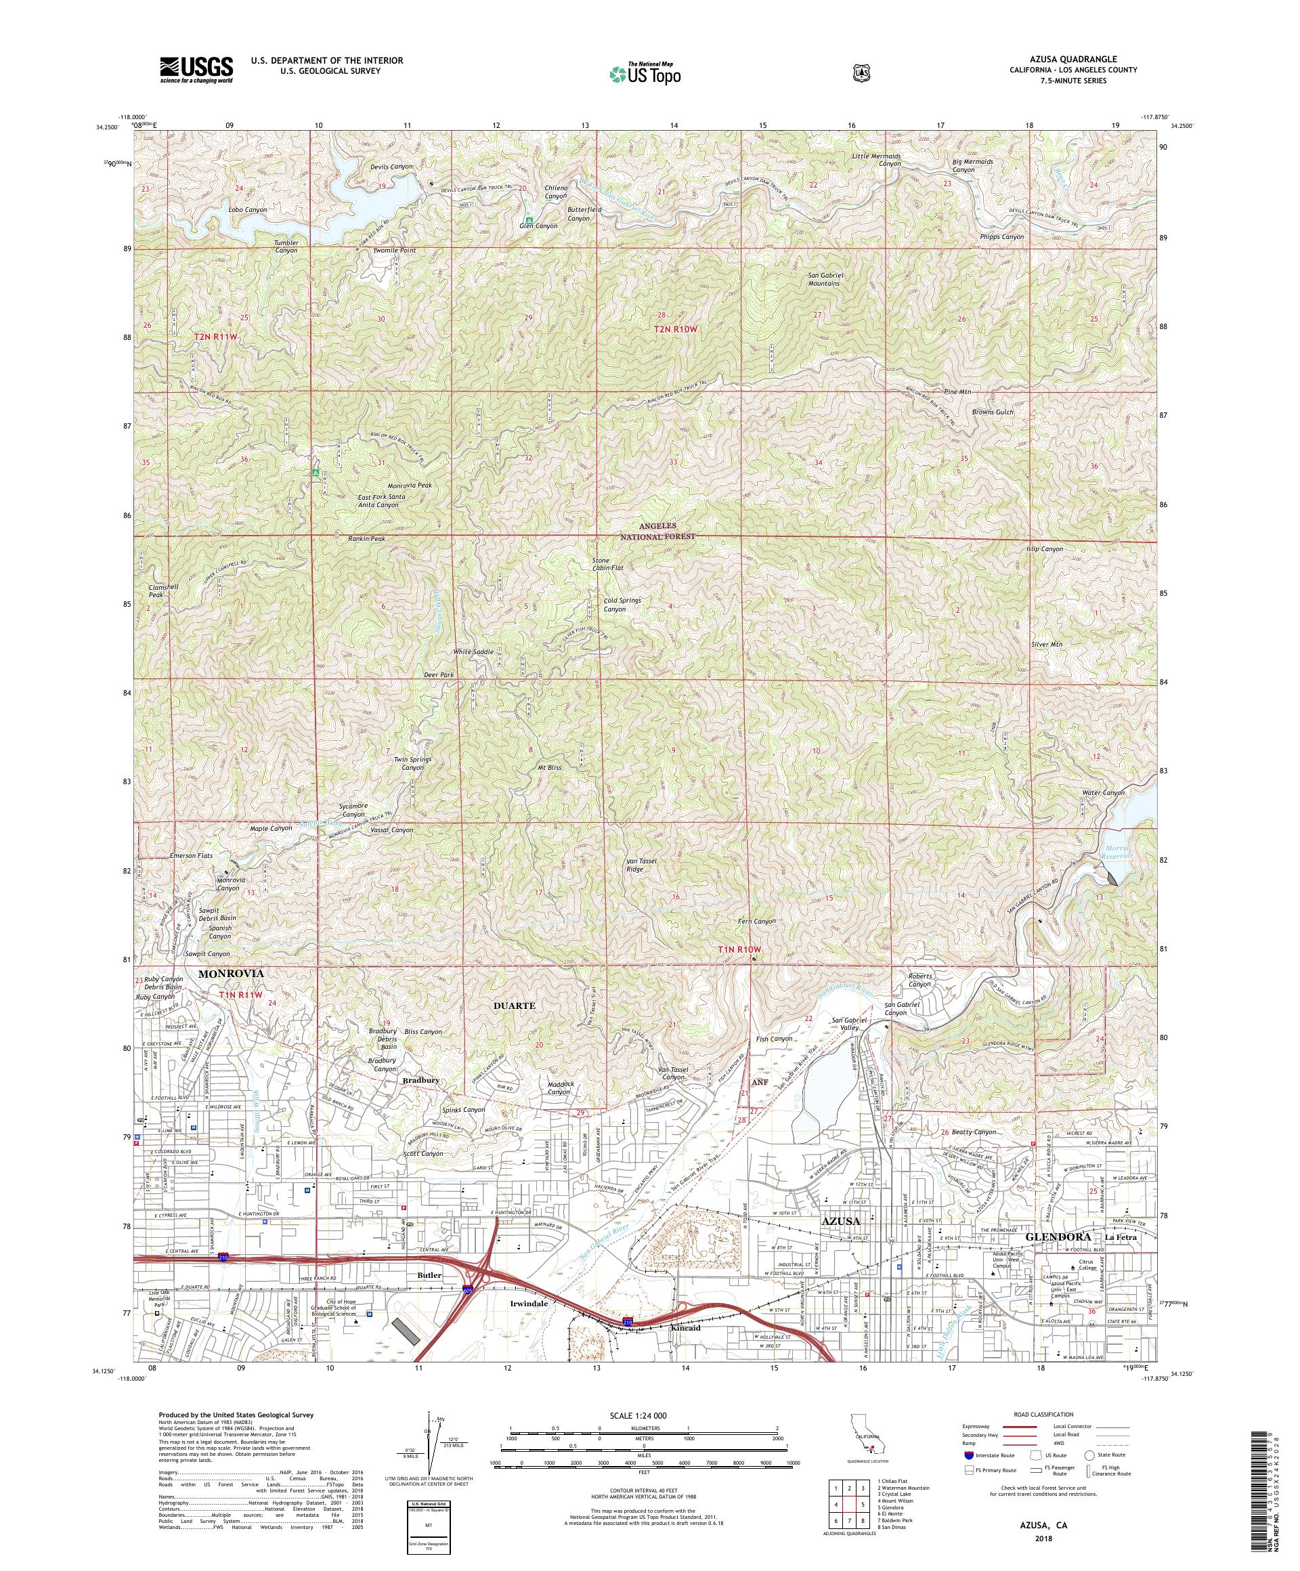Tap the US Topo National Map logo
(x=644, y=73)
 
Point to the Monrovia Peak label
(x=410, y=486)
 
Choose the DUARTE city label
(x=515, y=1006)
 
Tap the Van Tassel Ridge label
(x=641, y=865)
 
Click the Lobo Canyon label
(x=248, y=210)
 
